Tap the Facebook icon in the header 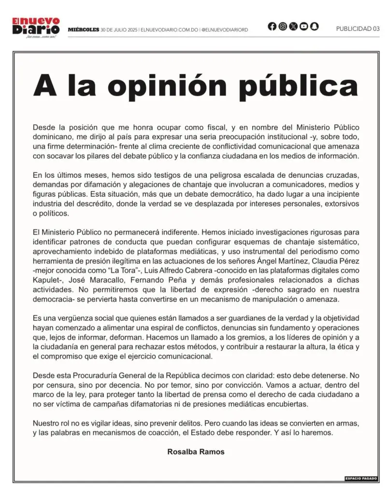(x=272, y=27)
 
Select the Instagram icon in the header (x=283, y=27)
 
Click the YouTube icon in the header (x=304, y=27)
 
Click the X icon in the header (x=293, y=27)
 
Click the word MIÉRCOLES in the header (x=83, y=29)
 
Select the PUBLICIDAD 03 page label (x=358, y=29)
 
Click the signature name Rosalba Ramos (x=196, y=452)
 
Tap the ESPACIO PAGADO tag (x=361, y=478)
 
